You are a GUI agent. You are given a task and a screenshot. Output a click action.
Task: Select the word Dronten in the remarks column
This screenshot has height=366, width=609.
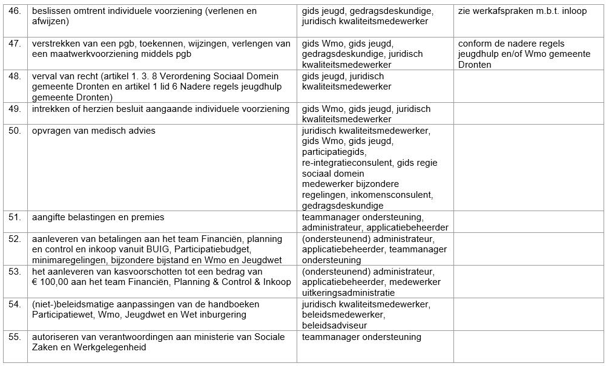475,65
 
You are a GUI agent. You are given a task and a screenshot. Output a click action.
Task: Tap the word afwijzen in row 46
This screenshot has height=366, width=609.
49,21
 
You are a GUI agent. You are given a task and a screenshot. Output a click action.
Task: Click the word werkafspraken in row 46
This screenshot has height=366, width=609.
505,11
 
